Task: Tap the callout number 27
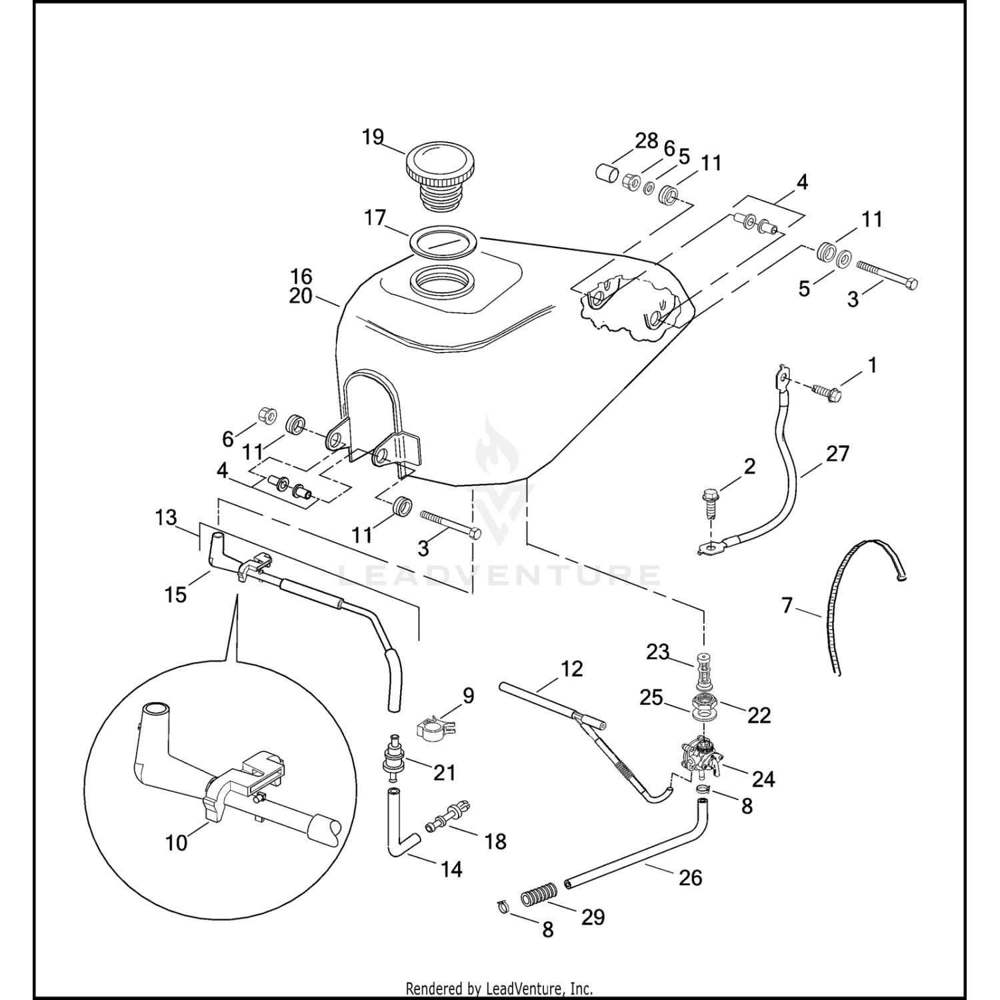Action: click(837, 453)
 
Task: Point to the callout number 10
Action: click(177, 843)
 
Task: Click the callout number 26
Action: click(690, 877)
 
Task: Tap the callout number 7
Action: click(787, 605)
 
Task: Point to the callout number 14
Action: click(451, 869)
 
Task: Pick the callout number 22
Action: click(759, 715)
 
